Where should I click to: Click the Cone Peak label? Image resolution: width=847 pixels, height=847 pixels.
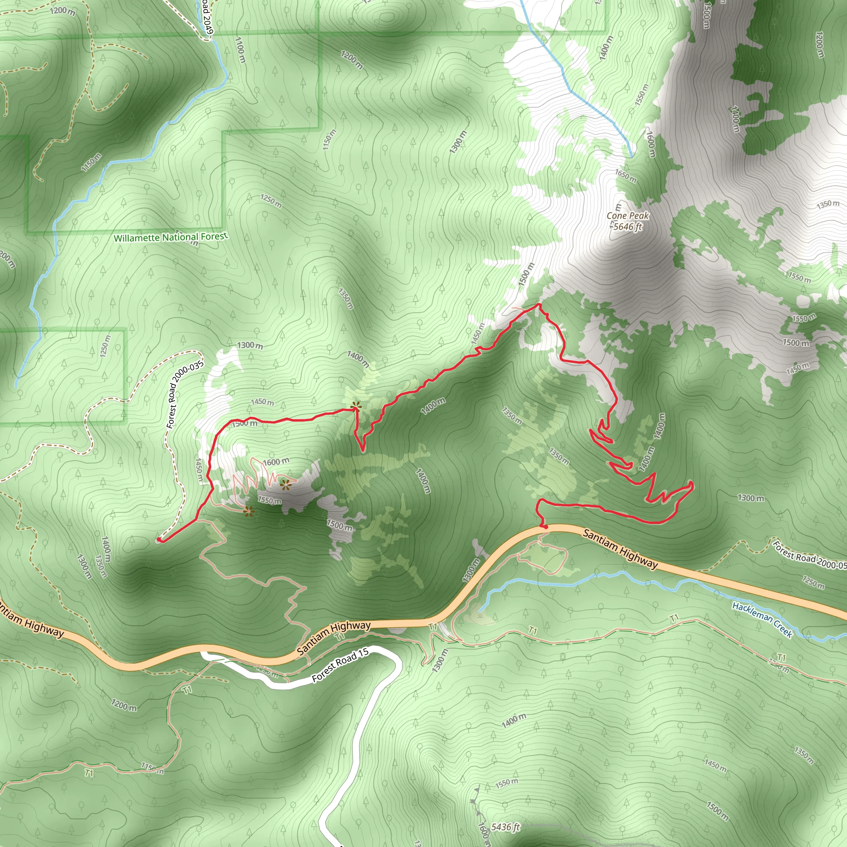(627, 216)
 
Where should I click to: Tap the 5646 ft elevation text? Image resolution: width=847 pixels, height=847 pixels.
(627, 227)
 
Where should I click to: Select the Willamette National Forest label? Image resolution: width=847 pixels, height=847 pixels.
(170, 237)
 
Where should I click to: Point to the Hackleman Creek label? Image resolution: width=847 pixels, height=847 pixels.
(762, 620)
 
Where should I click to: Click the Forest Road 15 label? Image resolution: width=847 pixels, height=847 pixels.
(340, 665)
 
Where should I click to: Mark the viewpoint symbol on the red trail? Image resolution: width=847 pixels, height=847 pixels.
(357, 407)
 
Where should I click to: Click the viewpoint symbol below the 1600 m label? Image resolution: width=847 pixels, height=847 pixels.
(285, 484)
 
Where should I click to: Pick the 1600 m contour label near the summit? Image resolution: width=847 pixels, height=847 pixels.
(276, 462)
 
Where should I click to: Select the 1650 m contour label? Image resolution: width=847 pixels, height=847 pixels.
(626, 176)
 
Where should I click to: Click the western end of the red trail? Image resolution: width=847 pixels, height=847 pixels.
(159, 540)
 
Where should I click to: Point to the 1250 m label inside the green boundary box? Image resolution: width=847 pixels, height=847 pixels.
(105, 346)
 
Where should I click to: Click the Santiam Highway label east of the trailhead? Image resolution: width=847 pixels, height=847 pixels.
(620, 549)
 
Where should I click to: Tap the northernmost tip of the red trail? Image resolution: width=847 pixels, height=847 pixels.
(538, 304)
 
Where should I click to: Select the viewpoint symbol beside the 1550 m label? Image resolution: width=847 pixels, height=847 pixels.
(249, 511)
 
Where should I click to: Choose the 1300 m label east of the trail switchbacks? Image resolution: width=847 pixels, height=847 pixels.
(751, 498)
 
